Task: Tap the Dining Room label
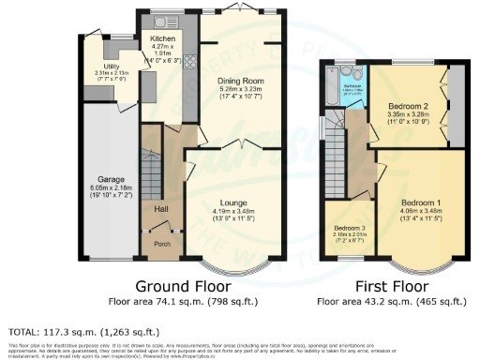click(x=241, y=81)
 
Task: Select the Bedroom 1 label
click(x=421, y=202)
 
